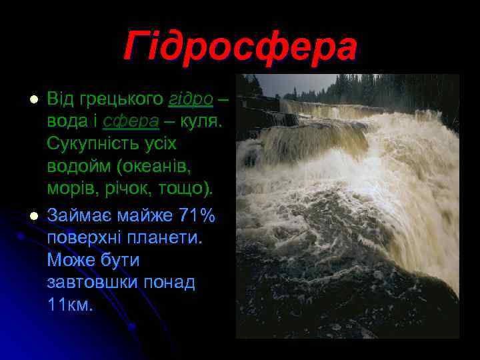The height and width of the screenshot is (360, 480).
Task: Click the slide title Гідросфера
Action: click(240, 47)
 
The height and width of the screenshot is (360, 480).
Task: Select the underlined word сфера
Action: click(131, 121)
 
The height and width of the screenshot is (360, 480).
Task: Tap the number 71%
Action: click(198, 216)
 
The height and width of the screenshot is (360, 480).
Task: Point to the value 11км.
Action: click(71, 305)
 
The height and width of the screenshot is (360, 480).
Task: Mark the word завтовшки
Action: click(92, 282)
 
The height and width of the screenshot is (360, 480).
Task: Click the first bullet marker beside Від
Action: click(31, 100)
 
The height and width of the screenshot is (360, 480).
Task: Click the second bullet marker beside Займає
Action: click(31, 216)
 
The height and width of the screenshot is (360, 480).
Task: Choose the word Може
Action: click(70, 260)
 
